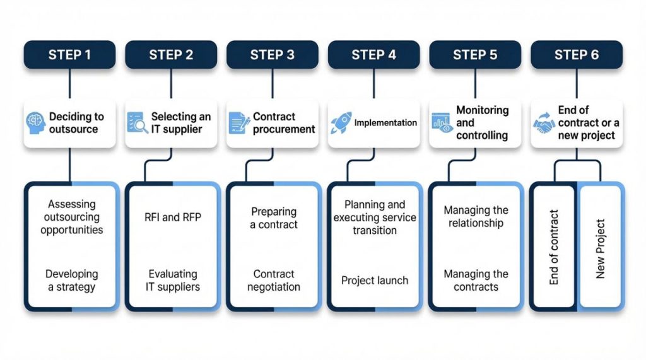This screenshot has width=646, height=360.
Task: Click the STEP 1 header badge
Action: [69, 55]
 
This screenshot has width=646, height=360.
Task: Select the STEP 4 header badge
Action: [373, 55]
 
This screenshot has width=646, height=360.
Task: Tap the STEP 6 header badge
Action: [576, 55]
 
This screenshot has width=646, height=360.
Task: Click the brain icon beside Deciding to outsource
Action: [36, 123]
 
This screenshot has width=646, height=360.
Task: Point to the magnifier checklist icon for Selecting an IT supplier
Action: [137, 123]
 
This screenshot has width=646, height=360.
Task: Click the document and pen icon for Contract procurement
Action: [239, 123]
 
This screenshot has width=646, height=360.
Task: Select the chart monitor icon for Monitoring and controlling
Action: [442, 123]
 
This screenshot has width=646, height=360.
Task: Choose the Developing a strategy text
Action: [71, 281]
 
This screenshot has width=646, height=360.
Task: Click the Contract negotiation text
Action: [274, 281]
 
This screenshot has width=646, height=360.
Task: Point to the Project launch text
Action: [375, 281]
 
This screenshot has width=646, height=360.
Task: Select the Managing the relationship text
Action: [476, 217]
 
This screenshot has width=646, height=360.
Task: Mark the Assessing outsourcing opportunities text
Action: [71, 217]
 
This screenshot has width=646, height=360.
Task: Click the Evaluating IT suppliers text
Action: [173, 281]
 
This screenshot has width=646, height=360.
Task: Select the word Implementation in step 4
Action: [385, 123]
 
